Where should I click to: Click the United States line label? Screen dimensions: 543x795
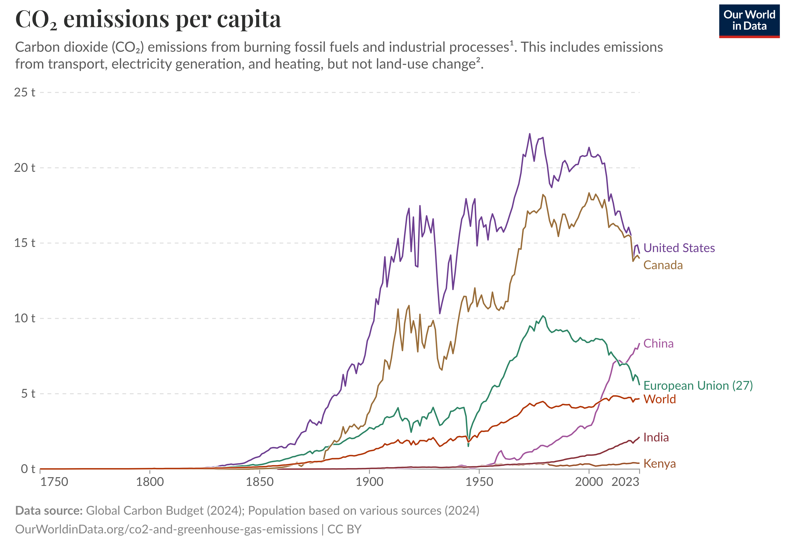pyautogui.click(x=679, y=248)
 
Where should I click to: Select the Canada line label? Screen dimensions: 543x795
pyautogui.click(x=663, y=265)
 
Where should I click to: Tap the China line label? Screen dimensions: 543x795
pyautogui.click(x=658, y=343)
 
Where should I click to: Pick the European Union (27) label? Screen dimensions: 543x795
pyautogui.click(x=698, y=385)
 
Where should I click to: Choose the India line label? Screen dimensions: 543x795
pyautogui.click(x=656, y=437)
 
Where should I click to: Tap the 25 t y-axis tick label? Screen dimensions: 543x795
pyautogui.click(x=25, y=92)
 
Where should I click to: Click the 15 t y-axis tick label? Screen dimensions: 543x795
pyautogui.click(x=25, y=243)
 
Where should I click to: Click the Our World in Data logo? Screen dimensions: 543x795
pyautogui.click(x=749, y=21)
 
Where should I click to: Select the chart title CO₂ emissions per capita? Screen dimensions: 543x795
pyautogui.click(x=148, y=19)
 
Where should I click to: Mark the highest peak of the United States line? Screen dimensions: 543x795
pyautogui.click(x=530, y=134)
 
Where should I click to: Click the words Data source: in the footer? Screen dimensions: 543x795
pyautogui.click(x=49, y=510)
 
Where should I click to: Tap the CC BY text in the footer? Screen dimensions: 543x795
pyautogui.click(x=344, y=529)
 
